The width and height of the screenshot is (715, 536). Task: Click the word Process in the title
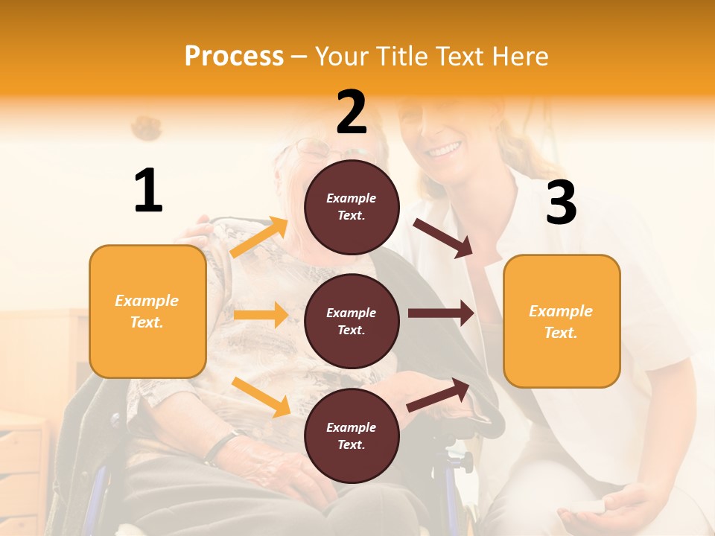point(234,56)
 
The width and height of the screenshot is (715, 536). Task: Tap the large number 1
point(148,191)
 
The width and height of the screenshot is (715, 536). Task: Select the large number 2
point(352,112)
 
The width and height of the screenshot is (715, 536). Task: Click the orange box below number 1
point(147,311)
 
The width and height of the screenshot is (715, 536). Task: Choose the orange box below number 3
point(562,321)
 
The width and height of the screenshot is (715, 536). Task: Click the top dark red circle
point(352,206)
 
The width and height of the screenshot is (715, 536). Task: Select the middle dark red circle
point(352,321)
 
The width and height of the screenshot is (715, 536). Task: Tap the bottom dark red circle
point(352,435)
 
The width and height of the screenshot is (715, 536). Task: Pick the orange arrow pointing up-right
point(259,237)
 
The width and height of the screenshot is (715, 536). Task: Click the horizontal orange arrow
point(261,315)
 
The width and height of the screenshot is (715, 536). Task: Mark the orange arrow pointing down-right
point(261,397)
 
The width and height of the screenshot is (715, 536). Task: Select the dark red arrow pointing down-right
point(442,237)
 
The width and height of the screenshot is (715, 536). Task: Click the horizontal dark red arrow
point(441,313)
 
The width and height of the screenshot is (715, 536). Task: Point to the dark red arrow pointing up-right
point(438,395)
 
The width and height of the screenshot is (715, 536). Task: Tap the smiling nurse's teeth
point(444,150)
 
